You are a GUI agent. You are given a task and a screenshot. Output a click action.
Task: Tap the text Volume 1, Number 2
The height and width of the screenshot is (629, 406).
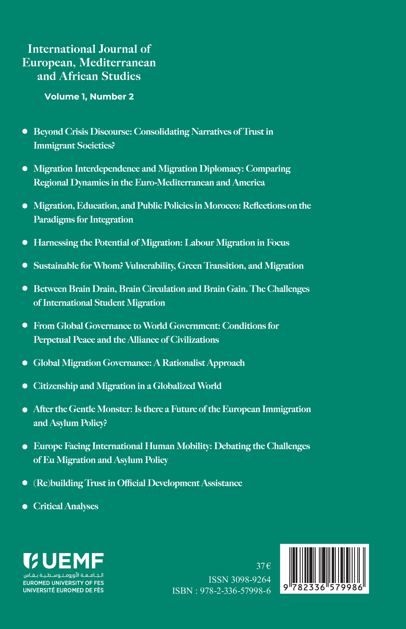89,97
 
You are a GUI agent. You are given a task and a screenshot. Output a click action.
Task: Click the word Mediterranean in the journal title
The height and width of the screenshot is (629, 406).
118,63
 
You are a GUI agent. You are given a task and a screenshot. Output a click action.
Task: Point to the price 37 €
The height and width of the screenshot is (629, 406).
263,566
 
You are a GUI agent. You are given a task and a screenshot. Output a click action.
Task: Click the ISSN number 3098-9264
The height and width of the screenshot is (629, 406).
251,580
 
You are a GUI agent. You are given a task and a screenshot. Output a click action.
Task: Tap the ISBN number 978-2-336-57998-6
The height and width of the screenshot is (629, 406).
235,591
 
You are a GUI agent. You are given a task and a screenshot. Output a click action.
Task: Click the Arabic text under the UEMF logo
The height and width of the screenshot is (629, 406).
63,575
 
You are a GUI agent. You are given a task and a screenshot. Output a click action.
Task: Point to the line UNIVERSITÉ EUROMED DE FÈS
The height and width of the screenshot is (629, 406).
63,590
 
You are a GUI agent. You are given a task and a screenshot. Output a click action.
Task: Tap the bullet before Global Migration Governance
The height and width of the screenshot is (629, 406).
25,363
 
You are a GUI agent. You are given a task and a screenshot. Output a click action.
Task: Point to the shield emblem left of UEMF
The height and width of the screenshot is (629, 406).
31,561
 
